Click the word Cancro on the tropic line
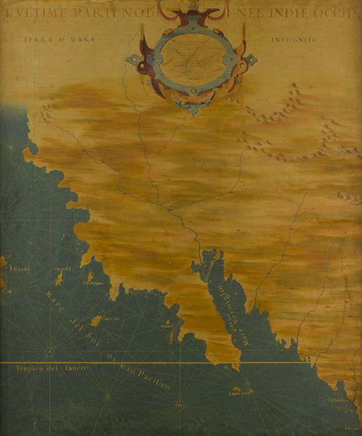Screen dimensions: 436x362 coord(77,369)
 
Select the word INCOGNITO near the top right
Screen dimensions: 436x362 coord(295,40)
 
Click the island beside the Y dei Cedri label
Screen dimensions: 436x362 coord(95,321)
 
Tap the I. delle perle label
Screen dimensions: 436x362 coord(240,392)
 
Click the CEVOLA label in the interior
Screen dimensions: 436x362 coord(195,166)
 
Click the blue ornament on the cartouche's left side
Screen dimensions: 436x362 coord(134,61)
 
